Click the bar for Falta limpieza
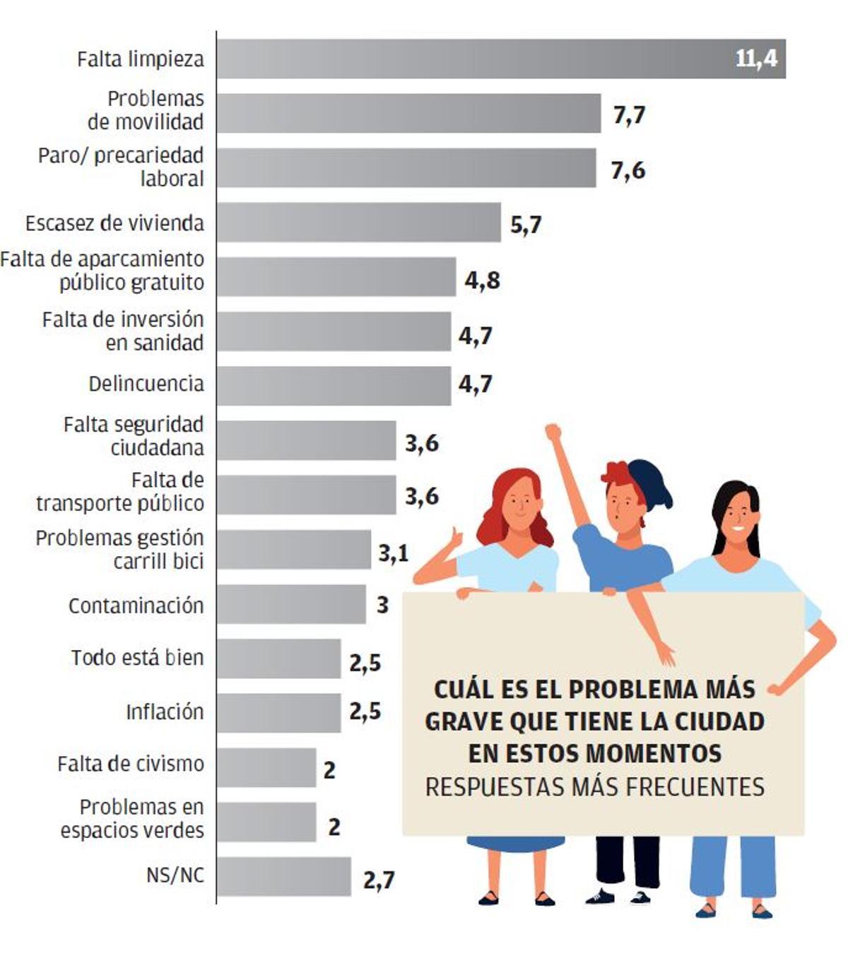(495, 59)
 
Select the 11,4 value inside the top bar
(755, 58)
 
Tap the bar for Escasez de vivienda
(358, 223)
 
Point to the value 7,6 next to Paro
(628, 170)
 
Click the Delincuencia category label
(146, 384)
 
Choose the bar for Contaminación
(291, 604)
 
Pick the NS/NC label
(175, 875)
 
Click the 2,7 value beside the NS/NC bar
(379, 880)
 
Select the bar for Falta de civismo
(266, 767)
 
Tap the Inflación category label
(165, 712)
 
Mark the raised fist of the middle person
(553, 432)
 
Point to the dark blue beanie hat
(652, 482)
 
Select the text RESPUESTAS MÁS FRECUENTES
(594, 786)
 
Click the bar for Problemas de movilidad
(408, 113)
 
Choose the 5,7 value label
(525, 225)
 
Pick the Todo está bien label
(137, 658)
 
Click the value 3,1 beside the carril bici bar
(393, 553)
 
